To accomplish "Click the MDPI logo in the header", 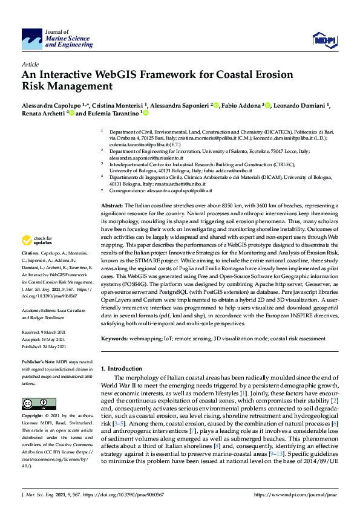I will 323,40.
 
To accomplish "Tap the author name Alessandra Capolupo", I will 46,105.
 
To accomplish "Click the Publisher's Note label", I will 39,361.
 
